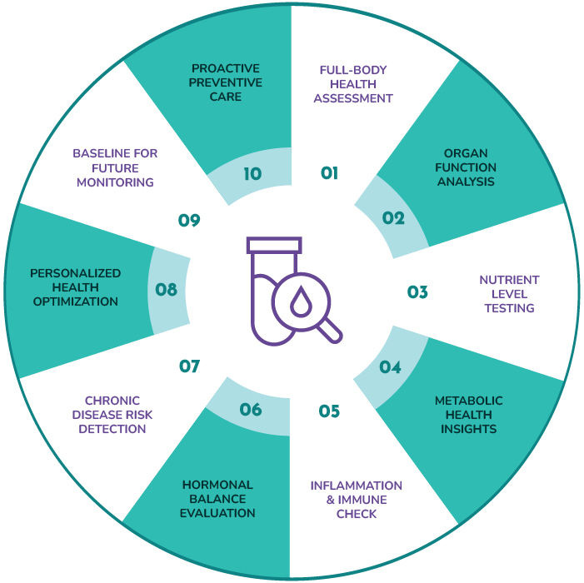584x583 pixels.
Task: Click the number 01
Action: [x=329, y=173]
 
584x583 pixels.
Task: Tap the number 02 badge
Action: [x=393, y=217]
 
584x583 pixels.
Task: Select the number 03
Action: [x=417, y=292]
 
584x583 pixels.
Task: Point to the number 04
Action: [x=390, y=367]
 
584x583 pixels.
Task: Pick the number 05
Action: [x=329, y=411]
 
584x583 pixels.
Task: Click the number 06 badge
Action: [x=251, y=410]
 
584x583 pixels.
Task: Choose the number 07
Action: [x=190, y=366]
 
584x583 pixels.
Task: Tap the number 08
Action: [x=166, y=290]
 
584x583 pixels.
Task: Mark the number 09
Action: [x=189, y=221]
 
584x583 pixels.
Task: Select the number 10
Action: [x=252, y=174]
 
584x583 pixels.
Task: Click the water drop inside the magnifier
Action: [x=301, y=301]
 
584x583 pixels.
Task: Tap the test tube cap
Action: [x=274, y=245]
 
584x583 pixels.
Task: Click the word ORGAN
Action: [x=466, y=153]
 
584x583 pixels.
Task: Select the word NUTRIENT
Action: [x=509, y=280]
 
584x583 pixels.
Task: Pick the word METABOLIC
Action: [x=468, y=401]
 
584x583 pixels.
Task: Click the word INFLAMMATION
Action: [x=357, y=486]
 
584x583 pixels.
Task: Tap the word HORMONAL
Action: [x=217, y=485]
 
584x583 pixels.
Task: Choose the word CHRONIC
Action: [x=112, y=401]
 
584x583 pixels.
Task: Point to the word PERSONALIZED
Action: [x=75, y=273]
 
